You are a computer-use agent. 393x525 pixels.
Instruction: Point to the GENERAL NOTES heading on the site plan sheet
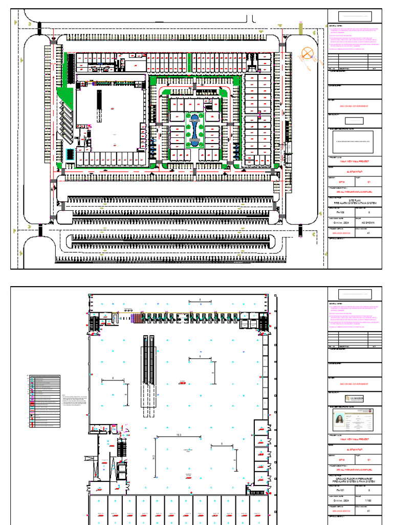point(336,25)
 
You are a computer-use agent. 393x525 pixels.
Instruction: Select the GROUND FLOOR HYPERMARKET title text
point(355,478)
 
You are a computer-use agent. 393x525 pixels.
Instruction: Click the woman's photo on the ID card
point(338,422)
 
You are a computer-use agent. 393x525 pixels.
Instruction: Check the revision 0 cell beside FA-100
point(369,211)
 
